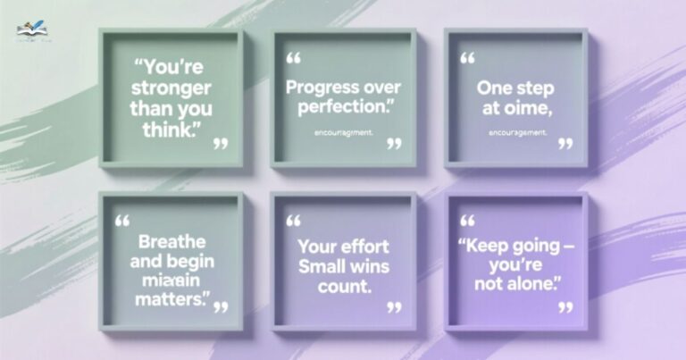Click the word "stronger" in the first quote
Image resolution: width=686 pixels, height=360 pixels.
click(171, 89)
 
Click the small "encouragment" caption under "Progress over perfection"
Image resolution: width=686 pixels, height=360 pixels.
click(344, 133)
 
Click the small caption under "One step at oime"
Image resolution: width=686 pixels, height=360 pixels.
click(518, 133)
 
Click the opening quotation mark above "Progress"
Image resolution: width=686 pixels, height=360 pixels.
click(293, 58)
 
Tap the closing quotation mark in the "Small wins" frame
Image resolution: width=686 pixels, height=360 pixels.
click(394, 307)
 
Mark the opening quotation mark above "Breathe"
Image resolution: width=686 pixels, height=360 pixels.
click(122, 219)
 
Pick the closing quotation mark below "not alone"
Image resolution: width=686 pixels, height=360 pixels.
click(565, 307)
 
